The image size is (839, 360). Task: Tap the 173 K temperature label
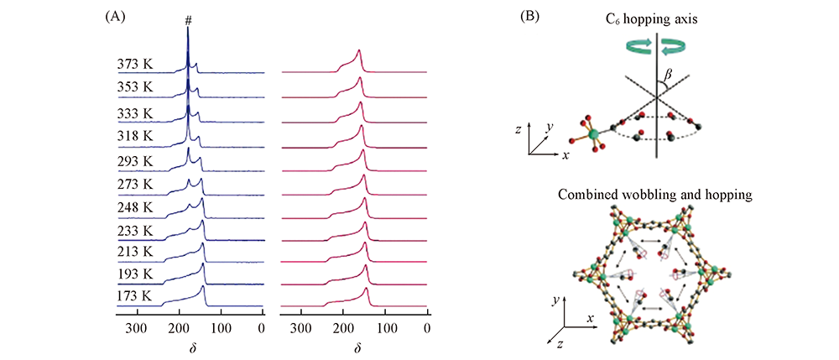coord(134,295)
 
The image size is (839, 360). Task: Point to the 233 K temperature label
coord(134,228)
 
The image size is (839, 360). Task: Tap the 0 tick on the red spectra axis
coord(427,327)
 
